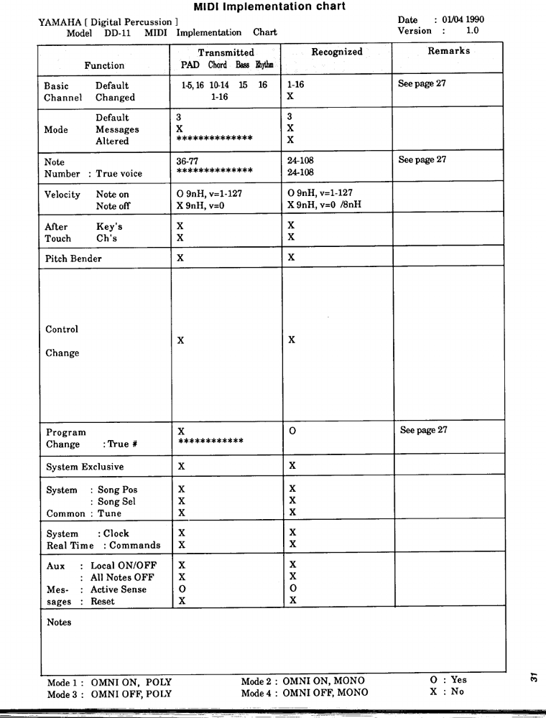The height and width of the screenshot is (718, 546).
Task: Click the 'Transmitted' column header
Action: click(226, 52)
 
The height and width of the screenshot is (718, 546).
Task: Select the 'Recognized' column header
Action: click(337, 52)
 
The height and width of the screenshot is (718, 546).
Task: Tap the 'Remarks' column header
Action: click(449, 52)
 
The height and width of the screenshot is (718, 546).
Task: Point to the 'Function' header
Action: click(104, 65)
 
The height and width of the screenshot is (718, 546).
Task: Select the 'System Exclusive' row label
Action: click(85, 467)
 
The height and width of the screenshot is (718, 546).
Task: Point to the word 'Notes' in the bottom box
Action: click(59, 623)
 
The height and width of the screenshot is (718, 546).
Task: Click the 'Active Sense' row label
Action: click(119, 589)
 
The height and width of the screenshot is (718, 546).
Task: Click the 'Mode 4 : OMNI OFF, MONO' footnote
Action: click(305, 693)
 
